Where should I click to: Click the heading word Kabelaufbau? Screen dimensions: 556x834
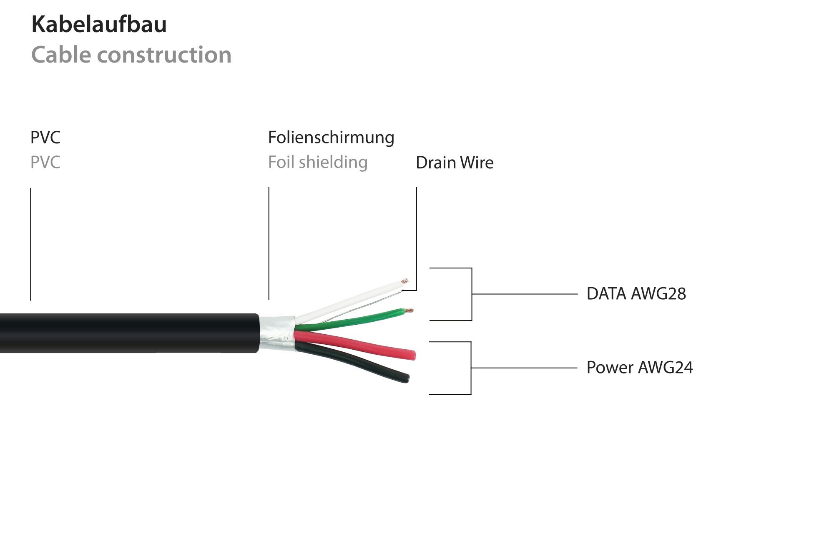[99, 24]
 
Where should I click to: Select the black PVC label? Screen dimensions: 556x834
[45, 138]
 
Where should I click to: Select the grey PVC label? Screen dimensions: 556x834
[45, 162]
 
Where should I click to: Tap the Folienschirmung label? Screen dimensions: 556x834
[331, 138]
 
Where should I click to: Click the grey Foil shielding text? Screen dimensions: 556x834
[317, 162]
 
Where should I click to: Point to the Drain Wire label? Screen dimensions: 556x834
[454, 163]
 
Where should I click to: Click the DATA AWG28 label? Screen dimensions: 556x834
[636, 294]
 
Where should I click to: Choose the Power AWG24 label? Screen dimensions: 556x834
[639, 368]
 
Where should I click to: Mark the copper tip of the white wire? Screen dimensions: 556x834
[404, 281]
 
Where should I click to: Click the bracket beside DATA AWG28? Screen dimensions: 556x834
[472, 294]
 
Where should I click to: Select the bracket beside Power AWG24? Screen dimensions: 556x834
[471, 368]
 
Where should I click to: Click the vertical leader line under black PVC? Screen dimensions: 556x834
[30, 244]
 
